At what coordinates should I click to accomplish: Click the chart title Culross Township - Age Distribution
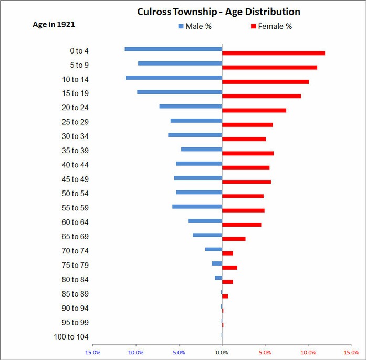(218, 12)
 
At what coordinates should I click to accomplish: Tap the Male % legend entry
(195, 26)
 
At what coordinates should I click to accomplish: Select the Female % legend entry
(271, 26)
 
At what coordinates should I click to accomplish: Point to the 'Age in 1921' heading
(54, 24)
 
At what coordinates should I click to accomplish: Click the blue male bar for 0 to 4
(173, 49)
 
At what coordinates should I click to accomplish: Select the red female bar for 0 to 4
(274, 53)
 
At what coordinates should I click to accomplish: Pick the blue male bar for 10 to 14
(174, 78)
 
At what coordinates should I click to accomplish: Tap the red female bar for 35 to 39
(248, 153)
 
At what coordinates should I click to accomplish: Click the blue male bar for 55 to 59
(197, 207)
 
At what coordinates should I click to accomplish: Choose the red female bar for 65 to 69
(234, 239)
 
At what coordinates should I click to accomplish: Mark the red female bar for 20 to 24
(254, 110)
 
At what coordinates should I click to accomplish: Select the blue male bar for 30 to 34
(195, 135)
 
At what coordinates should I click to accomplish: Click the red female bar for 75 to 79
(229, 268)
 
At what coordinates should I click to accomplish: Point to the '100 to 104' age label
(71, 337)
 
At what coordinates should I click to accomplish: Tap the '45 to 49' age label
(76, 179)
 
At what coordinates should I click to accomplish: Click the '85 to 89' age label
(76, 294)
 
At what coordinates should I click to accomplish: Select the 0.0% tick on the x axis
(222, 352)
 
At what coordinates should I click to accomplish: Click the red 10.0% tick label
(308, 352)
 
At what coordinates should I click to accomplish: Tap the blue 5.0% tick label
(179, 352)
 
